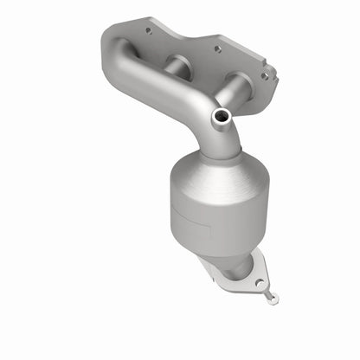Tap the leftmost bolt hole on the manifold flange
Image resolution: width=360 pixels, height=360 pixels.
tap(146, 30)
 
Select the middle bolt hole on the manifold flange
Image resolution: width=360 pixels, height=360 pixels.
tap(217, 49)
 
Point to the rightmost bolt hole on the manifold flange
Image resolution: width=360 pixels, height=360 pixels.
tap(265, 75)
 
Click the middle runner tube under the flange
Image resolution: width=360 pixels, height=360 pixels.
tap(177, 67)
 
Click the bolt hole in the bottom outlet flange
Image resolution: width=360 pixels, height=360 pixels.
tap(256, 280)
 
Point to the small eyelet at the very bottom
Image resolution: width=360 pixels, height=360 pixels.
tap(273, 299)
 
